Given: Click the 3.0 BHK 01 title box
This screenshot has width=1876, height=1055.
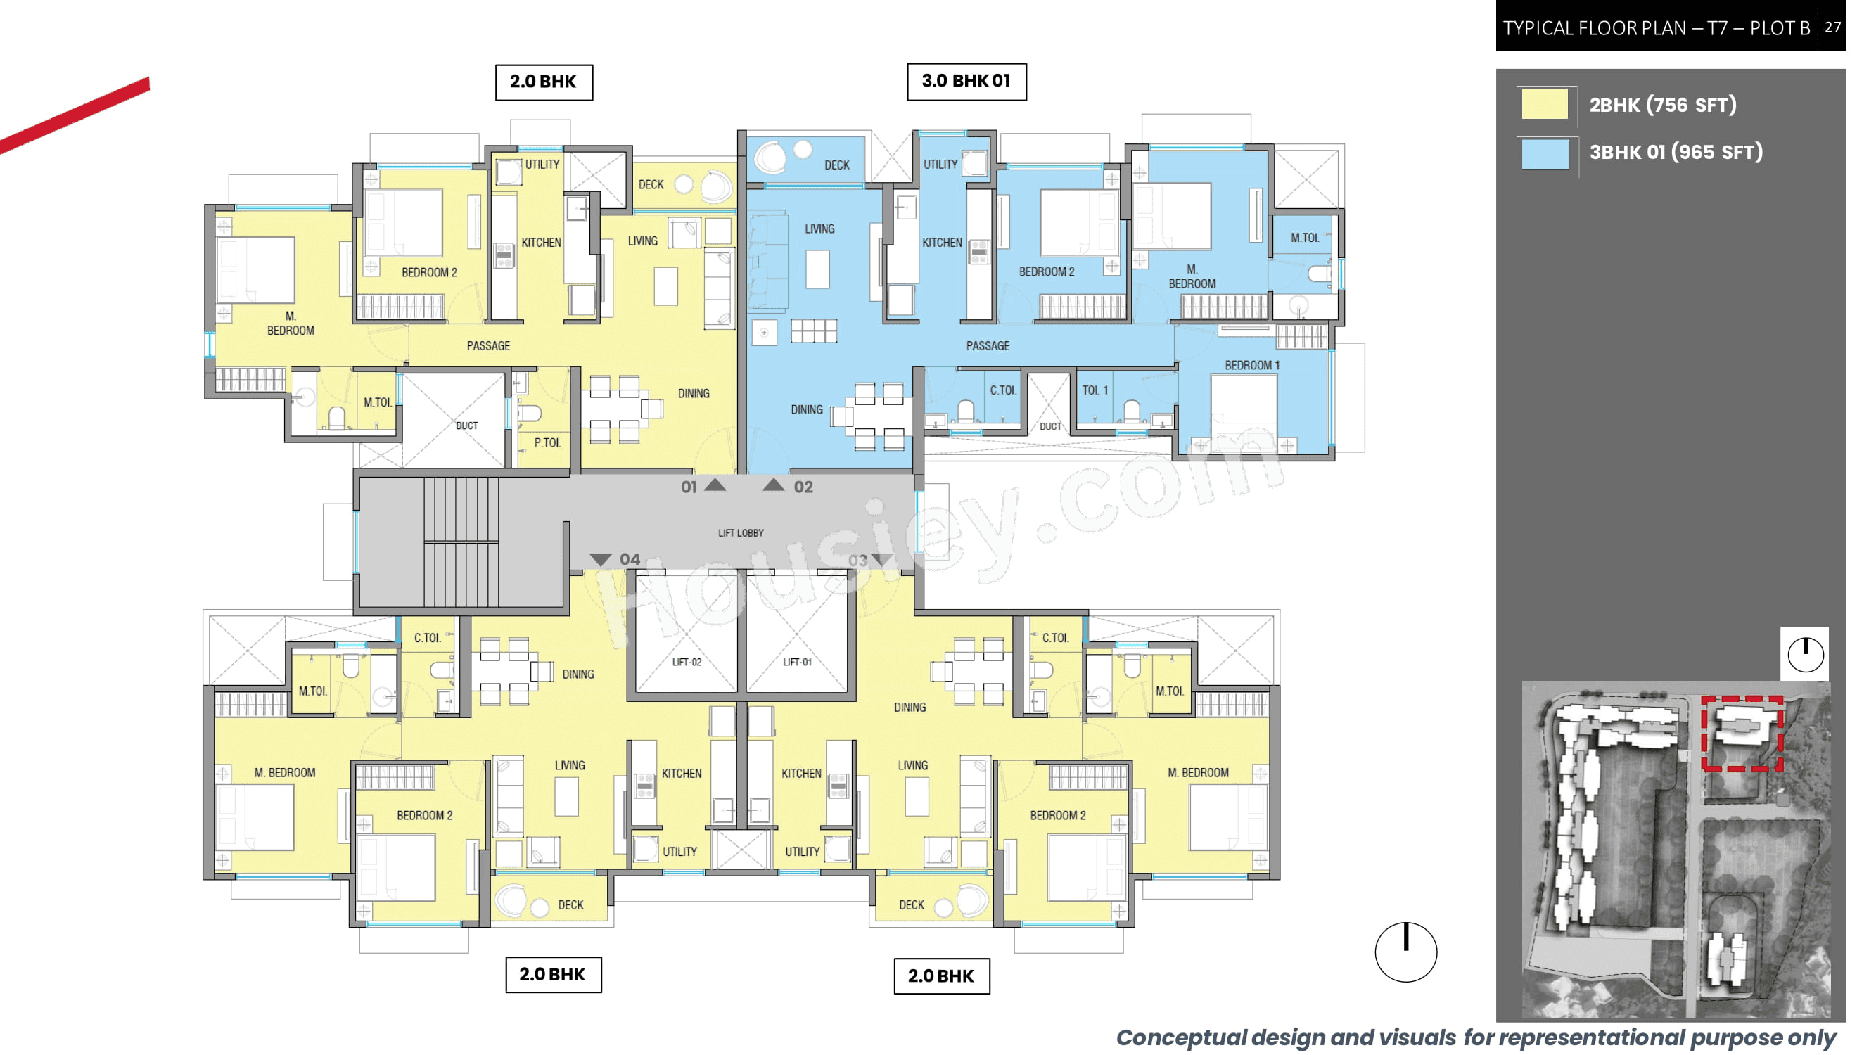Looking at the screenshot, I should [966, 82].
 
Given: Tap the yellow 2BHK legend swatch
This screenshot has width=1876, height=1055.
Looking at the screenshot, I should [1544, 104].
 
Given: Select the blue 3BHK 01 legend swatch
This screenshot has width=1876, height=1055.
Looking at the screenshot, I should [1544, 152].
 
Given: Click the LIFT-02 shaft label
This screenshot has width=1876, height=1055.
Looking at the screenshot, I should [686, 662].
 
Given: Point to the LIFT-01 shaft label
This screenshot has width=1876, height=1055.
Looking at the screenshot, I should [797, 662].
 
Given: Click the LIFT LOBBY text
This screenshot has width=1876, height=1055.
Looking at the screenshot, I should [741, 533].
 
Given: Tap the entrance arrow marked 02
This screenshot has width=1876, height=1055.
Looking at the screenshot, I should [774, 485].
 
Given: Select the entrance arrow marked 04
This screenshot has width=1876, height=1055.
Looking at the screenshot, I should [601, 559].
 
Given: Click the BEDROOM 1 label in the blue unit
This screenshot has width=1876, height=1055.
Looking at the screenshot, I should [1251, 365].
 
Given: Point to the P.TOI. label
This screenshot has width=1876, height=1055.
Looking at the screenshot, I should [547, 442].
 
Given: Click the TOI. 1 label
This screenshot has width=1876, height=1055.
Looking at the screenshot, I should [1095, 390].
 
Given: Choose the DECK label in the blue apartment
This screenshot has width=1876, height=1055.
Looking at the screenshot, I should [837, 165].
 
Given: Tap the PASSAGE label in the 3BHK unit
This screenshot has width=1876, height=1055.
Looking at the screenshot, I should [988, 346].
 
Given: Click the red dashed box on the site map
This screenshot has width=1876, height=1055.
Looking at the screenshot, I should [1742, 733].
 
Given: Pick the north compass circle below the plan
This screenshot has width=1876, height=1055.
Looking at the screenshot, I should [1405, 952].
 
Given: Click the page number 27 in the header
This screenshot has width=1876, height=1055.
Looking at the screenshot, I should [1832, 27].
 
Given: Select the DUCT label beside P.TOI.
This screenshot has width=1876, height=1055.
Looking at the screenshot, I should [467, 426].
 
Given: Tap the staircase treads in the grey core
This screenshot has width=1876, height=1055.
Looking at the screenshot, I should [461, 542].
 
